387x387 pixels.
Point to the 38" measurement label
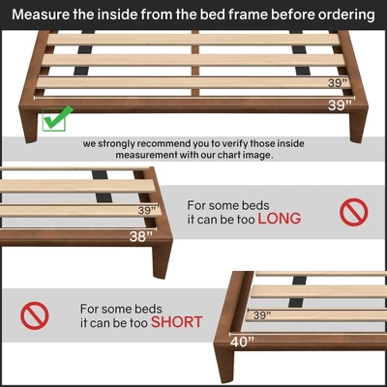point(141,235)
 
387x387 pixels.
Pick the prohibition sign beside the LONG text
point(353,211)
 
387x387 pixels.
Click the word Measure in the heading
point(42,15)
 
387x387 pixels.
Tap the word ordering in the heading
point(343,15)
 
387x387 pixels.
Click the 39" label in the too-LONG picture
point(147,210)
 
